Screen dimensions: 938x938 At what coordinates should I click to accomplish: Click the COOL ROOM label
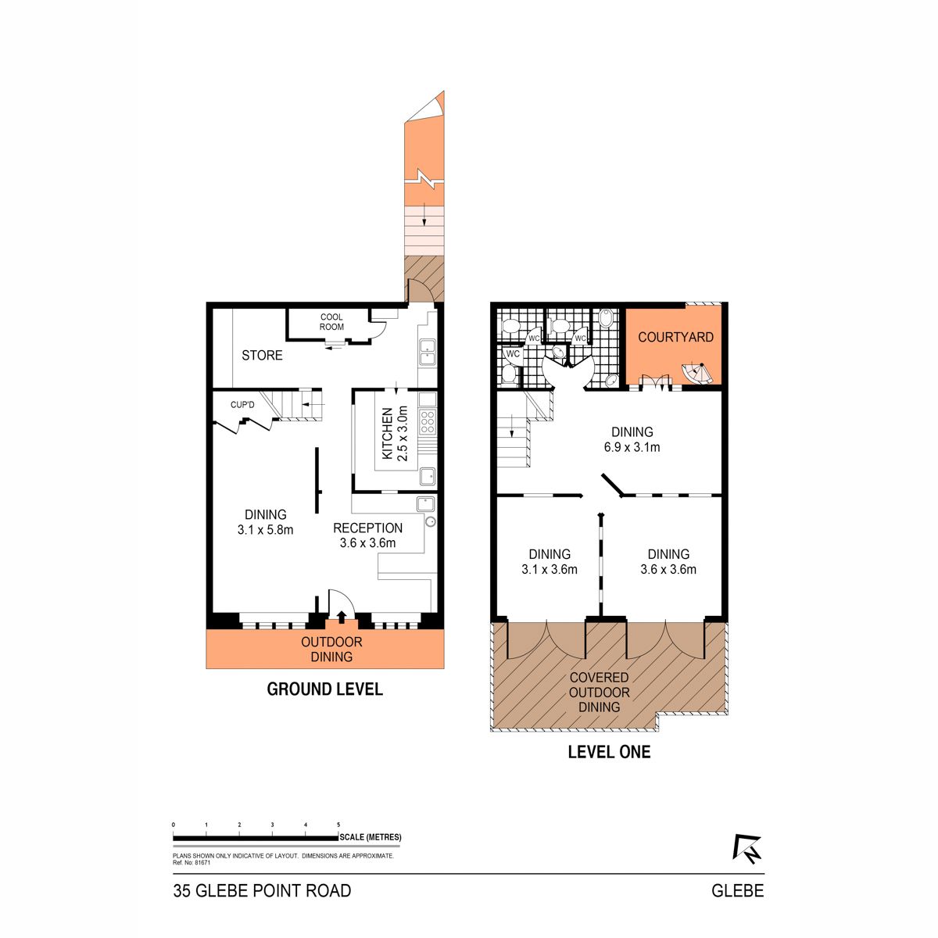(x=331, y=322)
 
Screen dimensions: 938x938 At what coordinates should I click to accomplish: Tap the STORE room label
(x=262, y=356)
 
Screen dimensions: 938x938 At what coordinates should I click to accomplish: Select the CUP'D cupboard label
(x=242, y=405)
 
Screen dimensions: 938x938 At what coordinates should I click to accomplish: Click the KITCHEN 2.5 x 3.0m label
(x=394, y=433)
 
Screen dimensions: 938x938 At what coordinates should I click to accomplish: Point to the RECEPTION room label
(x=367, y=528)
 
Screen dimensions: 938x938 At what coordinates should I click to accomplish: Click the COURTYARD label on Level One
(x=675, y=338)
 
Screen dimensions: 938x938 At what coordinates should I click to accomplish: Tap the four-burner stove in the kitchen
(x=427, y=421)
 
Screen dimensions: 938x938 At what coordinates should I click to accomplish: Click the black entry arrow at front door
(x=342, y=617)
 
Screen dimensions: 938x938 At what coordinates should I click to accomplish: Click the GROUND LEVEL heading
(x=324, y=689)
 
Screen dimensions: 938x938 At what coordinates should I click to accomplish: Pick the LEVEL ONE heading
(x=609, y=752)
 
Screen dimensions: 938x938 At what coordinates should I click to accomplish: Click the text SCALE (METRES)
(x=371, y=837)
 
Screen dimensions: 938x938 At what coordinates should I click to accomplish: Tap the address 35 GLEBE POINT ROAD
(x=262, y=891)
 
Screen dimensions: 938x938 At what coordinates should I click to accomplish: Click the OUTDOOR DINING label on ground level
(x=331, y=650)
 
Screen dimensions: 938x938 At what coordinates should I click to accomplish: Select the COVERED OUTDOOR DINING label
(x=600, y=693)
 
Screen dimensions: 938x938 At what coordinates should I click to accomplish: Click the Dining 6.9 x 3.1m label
(x=632, y=439)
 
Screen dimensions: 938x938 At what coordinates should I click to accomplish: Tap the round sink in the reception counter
(x=430, y=522)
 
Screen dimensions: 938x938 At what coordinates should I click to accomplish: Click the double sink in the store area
(x=427, y=353)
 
